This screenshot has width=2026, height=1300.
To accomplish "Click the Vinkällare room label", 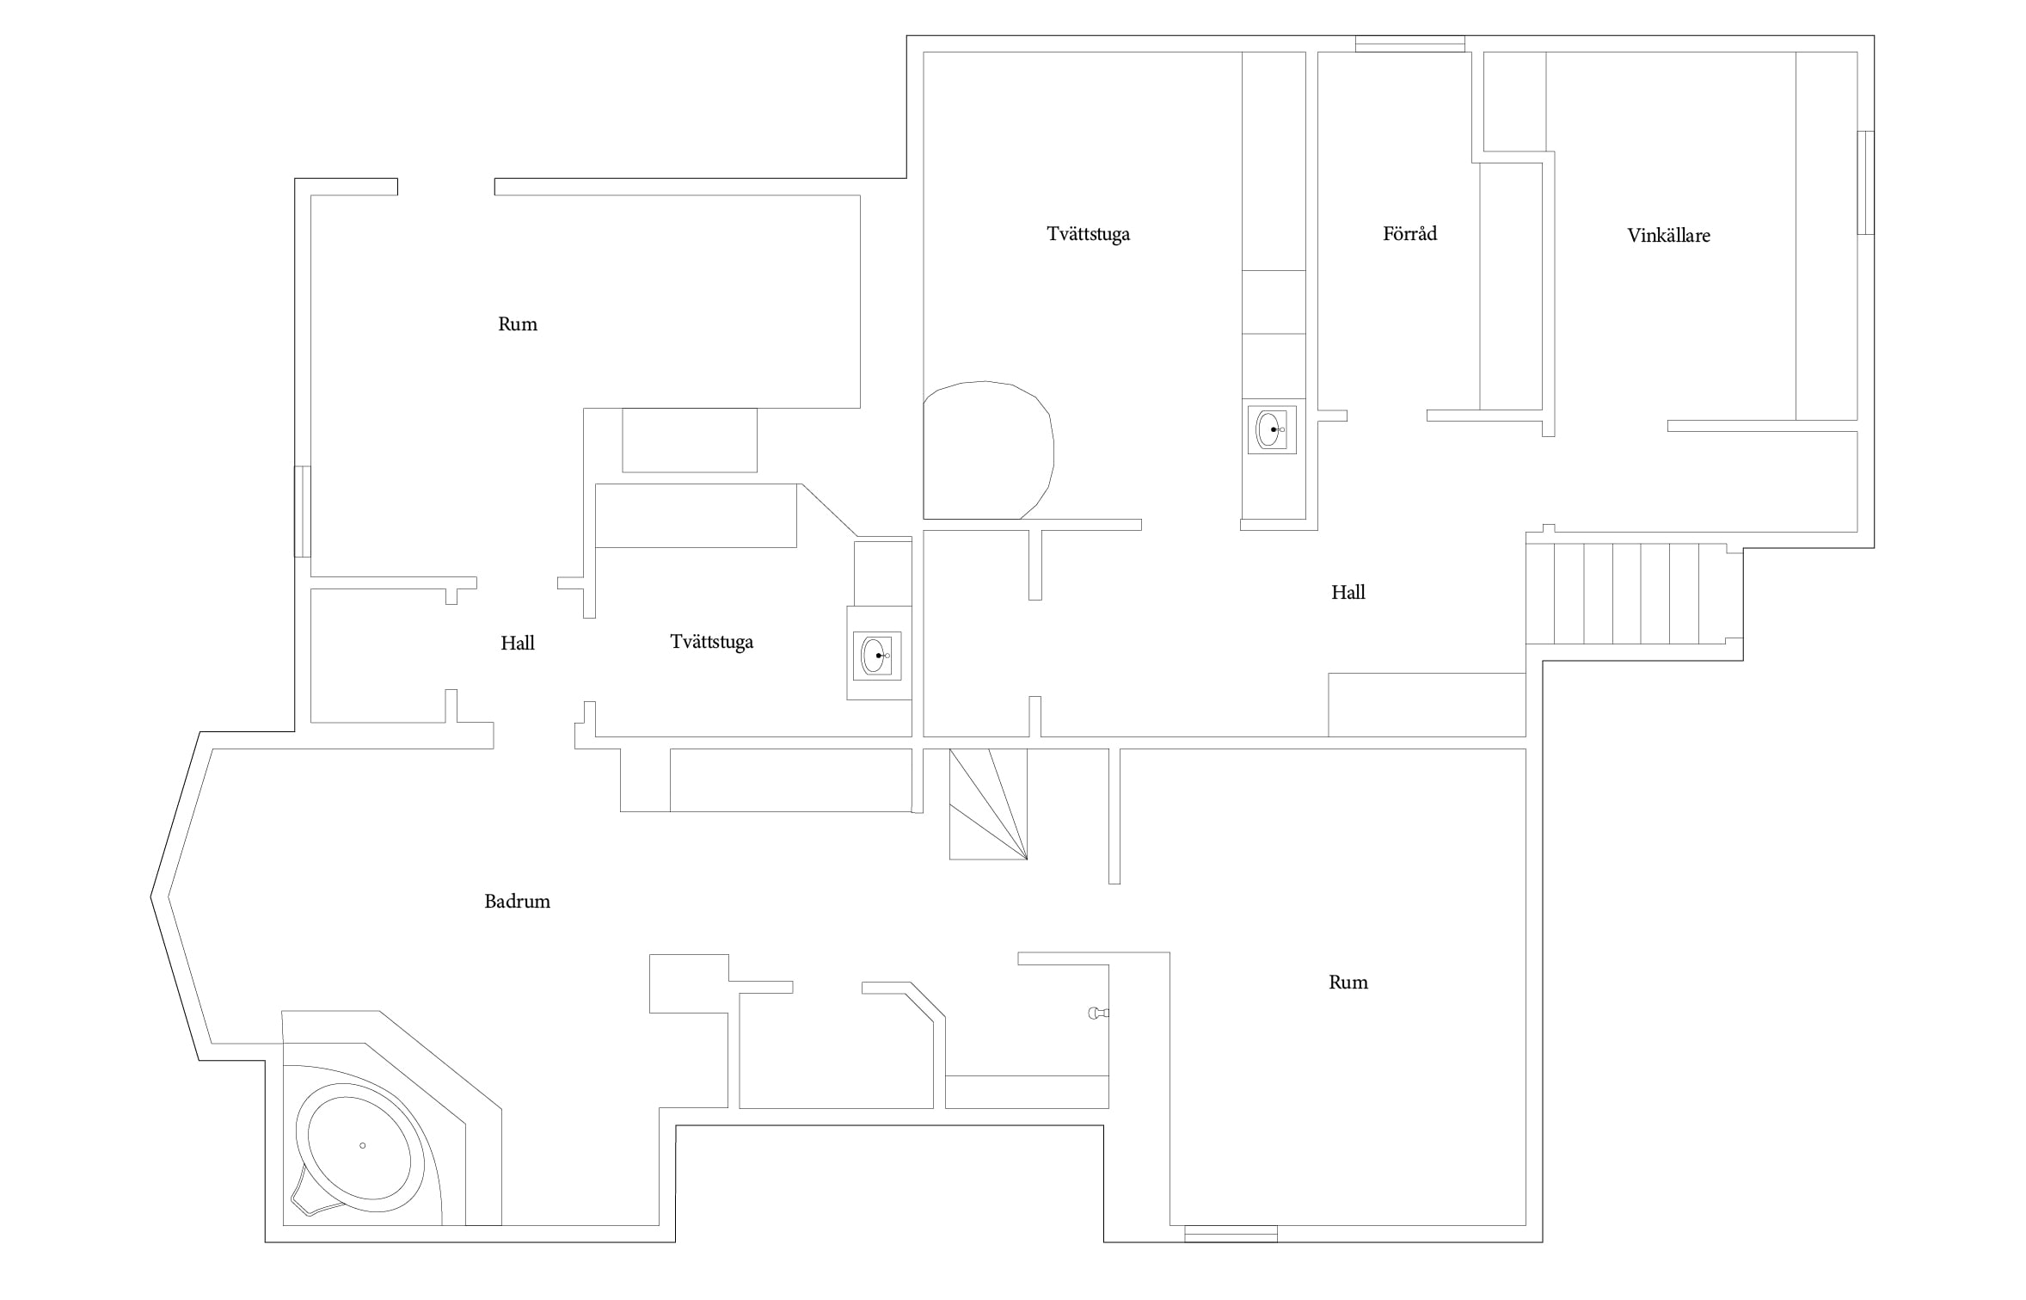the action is click(1668, 236).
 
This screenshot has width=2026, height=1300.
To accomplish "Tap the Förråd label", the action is click(1409, 233).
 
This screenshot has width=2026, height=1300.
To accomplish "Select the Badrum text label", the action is click(517, 901).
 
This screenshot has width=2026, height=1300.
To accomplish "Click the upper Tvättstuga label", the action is click(1088, 234).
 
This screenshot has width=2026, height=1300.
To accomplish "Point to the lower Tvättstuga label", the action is click(711, 642).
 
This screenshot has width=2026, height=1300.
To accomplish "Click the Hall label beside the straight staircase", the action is click(1348, 592).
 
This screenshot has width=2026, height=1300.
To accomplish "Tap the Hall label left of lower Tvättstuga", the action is click(518, 643).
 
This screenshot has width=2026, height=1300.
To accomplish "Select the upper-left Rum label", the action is click(518, 324).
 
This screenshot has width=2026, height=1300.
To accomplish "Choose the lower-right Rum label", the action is click(1348, 983).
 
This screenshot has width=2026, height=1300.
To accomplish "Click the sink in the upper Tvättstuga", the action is click(1272, 429).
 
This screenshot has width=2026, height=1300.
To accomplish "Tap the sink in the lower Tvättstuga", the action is click(877, 656).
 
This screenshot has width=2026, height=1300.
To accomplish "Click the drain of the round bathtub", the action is click(363, 1145).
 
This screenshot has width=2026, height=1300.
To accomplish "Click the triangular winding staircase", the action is click(988, 804).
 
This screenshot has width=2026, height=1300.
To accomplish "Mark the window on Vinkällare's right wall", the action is click(1865, 182).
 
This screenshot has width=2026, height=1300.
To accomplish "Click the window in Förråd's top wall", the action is click(1410, 44).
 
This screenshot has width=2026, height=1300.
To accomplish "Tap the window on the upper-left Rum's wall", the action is click(303, 512).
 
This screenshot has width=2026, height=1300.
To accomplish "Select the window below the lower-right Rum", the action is click(1231, 1234).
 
